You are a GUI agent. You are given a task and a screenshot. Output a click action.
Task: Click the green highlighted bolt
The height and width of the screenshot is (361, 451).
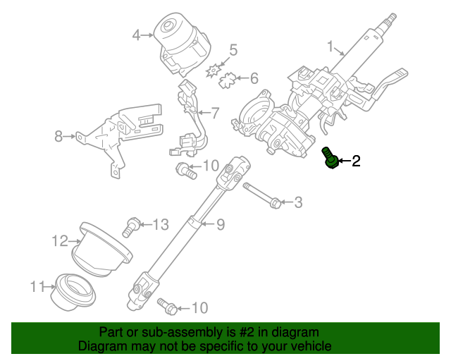[x=330, y=159]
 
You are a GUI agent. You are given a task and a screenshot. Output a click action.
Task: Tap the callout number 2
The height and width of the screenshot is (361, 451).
[x=356, y=161]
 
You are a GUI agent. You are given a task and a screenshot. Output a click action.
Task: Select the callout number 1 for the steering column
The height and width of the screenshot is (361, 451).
[x=330, y=47]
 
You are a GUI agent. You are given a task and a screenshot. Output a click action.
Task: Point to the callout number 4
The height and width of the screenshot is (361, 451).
[x=137, y=33]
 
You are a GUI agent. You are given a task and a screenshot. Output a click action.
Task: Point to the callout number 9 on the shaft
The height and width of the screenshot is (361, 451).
[x=220, y=225]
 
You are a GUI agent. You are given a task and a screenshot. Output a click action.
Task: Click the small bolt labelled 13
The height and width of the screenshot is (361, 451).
[x=129, y=226]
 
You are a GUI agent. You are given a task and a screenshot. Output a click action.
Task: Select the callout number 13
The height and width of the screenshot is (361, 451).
[x=161, y=225]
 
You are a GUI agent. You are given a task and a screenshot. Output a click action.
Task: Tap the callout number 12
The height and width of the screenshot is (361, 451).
[x=59, y=242]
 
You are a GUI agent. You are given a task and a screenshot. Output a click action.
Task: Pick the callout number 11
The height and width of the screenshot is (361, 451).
[x=37, y=286]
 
